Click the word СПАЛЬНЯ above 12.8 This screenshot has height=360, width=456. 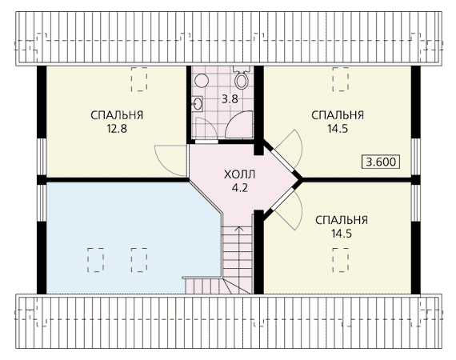[117, 115]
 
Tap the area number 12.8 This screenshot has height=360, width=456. [117, 129]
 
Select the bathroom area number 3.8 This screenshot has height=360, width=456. [230, 99]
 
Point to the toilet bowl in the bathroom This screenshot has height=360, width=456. [241, 80]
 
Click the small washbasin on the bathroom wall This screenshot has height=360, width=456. [198, 104]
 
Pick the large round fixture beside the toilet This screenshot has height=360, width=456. [202, 81]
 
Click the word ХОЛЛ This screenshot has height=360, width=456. [240, 174]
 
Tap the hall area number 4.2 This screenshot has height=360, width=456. [240, 188]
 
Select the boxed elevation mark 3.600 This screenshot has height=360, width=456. [381, 162]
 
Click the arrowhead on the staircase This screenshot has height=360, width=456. [239, 229]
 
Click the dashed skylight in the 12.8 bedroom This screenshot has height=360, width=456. [139, 79]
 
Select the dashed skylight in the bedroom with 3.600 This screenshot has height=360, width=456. [341, 79]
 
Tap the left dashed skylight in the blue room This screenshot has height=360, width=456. [95, 260]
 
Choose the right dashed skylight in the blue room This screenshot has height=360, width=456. [139, 260]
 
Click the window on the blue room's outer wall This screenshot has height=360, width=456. [42, 203]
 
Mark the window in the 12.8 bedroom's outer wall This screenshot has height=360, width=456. [42, 157]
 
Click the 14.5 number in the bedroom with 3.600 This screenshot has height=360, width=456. [338, 129]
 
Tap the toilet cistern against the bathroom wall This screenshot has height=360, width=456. [242, 70]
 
